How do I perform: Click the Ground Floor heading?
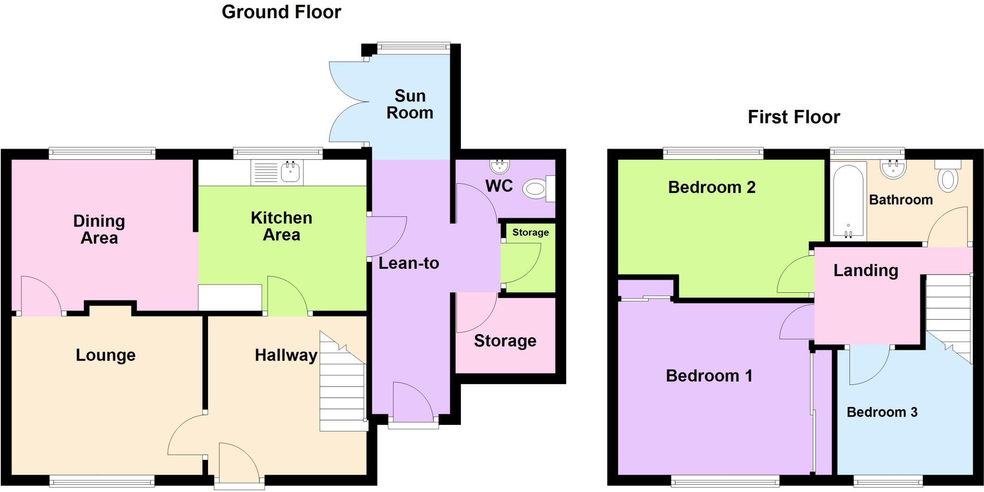point(281,12)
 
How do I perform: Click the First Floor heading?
point(794,117)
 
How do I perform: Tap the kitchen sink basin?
point(290,172)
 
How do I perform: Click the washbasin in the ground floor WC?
point(499,166)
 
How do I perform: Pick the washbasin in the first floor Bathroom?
point(893,169)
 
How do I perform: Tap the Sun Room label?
point(410,104)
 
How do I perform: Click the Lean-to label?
point(408,263)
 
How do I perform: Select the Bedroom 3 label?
point(882,412)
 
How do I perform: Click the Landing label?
point(865,270)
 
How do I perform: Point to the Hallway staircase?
point(342,389)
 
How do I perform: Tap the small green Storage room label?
point(530,232)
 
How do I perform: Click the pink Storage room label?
point(505,341)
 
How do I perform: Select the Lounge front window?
point(102,481)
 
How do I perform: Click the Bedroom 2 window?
point(713,154)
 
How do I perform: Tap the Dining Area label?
point(99,229)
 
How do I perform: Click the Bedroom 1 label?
point(709,375)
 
